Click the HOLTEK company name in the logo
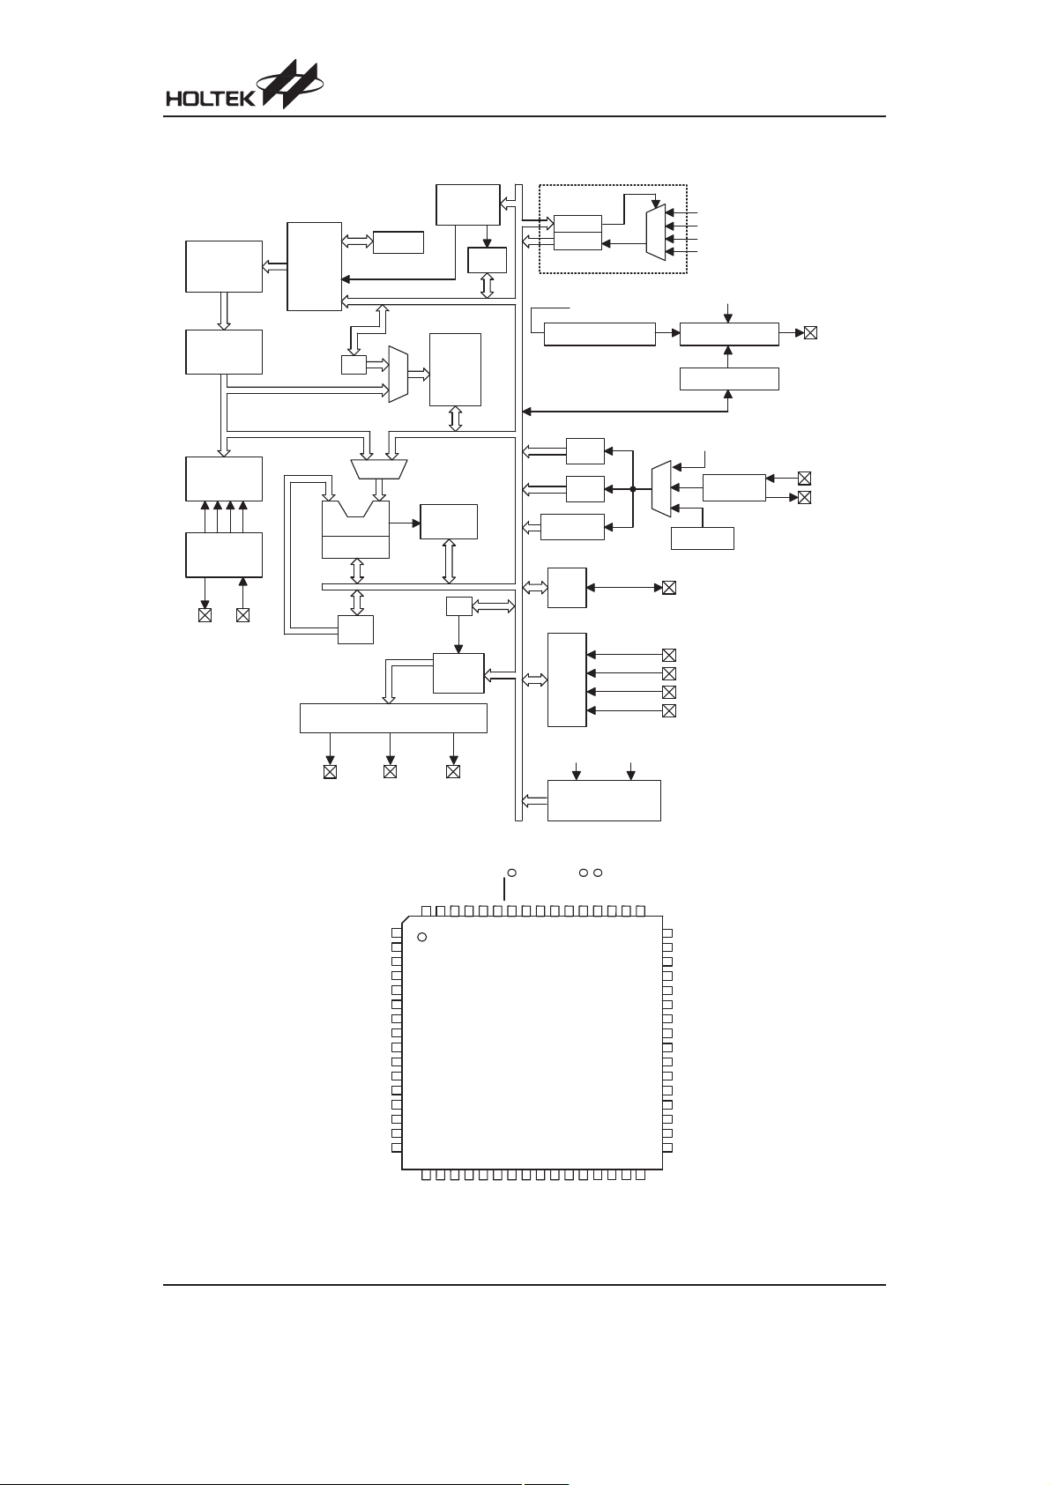[211, 99]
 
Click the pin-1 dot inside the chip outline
[421, 937]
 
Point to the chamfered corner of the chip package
[406, 919]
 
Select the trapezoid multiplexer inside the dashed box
[655, 232]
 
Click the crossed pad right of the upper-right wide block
[810, 333]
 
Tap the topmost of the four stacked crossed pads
[669, 655]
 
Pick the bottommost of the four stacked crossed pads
[669, 710]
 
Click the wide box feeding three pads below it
[393, 718]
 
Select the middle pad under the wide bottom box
[390, 772]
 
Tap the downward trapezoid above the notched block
[379, 469]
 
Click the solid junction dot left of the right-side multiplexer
[633, 489]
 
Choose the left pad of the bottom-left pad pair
[205, 615]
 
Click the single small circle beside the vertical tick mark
[511, 872]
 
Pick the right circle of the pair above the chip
[598, 872]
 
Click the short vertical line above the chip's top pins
[505, 889]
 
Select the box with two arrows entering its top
[604, 800]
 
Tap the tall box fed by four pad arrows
[567, 679]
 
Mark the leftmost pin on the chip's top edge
[426, 911]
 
